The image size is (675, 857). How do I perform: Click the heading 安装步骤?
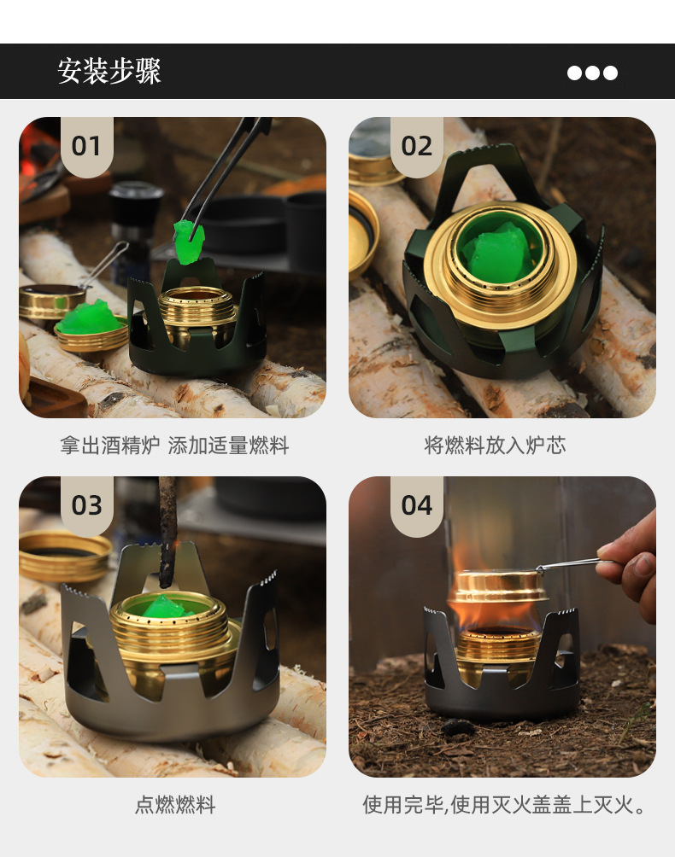point(109,72)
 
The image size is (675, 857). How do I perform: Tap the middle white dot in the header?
point(592,73)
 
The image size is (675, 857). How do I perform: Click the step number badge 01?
point(86,146)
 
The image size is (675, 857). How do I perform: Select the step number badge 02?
point(416,146)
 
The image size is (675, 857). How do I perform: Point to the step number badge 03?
point(86,505)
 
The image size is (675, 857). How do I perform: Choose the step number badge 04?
point(416,505)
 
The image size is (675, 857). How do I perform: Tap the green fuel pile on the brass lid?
point(90,319)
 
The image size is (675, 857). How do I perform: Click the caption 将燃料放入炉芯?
point(495,446)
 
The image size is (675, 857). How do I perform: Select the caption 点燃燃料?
point(174,805)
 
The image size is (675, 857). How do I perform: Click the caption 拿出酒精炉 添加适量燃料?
point(174,446)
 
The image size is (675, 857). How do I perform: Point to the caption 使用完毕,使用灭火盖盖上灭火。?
point(503,805)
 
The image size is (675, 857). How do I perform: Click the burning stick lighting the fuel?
point(167,529)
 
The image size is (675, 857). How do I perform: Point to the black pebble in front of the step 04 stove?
point(458,727)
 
